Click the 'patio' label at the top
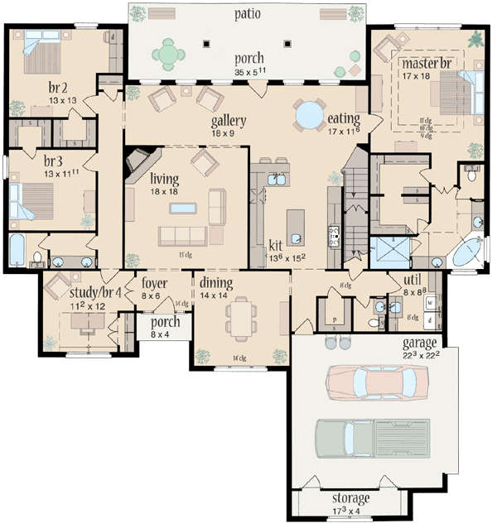coord(248,13)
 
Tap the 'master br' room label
coord(427,63)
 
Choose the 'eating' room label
coord(343,119)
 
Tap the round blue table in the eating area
coord(311,114)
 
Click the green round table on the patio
coord(169,54)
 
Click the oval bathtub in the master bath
coord(469,249)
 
